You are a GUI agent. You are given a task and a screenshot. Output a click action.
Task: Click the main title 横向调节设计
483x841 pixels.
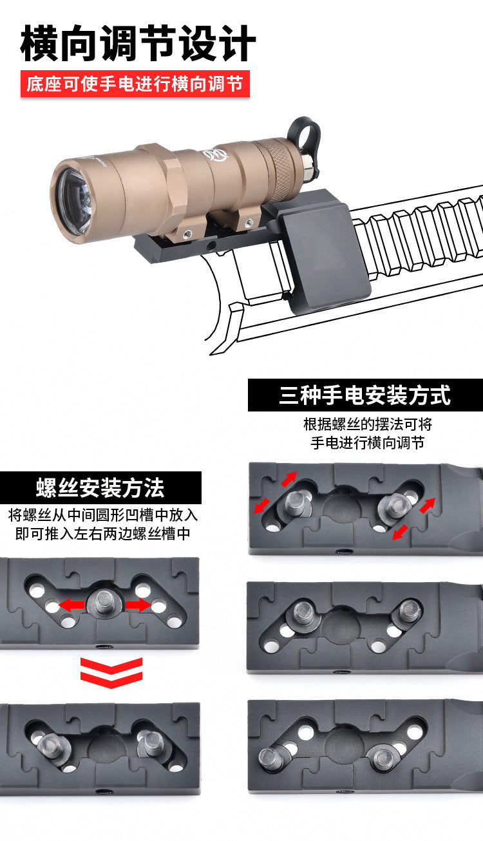pyautogui.click(x=138, y=43)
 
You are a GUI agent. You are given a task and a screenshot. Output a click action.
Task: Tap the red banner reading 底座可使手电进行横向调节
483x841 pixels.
pyautogui.click(x=135, y=84)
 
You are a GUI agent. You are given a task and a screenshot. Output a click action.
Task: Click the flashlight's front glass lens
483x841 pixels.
pyautogui.click(x=74, y=202)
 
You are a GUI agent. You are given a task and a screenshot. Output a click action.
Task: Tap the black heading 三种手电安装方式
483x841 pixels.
pyautogui.click(x=365, y=395)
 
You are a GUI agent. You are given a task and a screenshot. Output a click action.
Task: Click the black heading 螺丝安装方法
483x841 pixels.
pyautogui.click(x=100, y=487)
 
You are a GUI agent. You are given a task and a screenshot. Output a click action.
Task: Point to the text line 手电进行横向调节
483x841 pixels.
pyautogui.click(x=367, y=443)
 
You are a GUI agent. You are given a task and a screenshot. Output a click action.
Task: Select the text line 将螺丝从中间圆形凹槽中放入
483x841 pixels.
pyautogui.click(x=102, y=515)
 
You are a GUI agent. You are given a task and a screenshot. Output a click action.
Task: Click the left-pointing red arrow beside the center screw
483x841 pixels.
pyautogui.click(x=71, y=605)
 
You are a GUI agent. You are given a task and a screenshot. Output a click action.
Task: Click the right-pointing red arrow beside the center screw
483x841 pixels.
pyautogui.click(x=138, y=605)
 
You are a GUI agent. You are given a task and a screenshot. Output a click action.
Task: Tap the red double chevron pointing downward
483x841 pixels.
pyautogui.click(x=111, y=673)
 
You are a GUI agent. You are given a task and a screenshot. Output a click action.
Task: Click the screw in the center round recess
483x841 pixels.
pyautogui.click(x=104, y=603)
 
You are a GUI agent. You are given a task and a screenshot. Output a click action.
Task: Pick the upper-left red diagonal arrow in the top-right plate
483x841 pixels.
pyautogui.click(x=289, y=478)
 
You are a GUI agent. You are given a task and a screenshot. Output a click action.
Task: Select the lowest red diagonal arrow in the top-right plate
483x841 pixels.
pyautogui.click(x=400, y=533)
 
